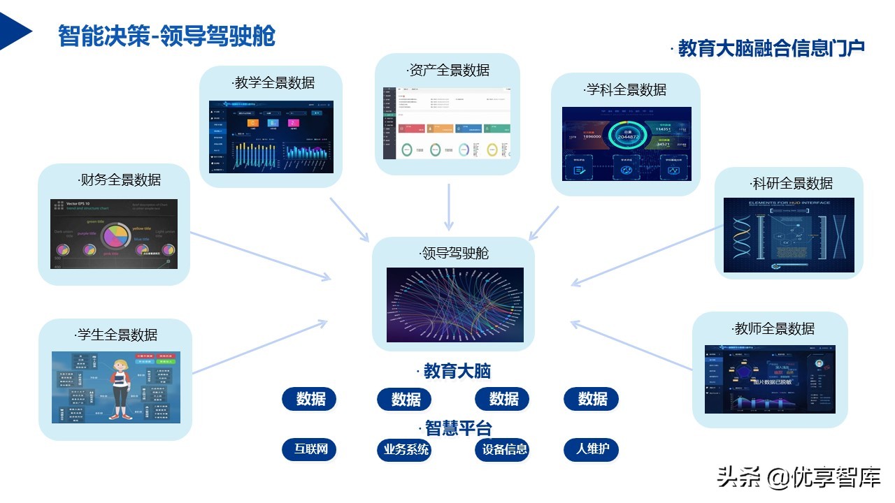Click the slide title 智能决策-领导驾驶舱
coord(166,36)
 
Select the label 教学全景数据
coord(273,83)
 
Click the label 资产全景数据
coord(448,70)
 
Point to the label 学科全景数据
coord(625,89)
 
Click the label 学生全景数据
coord(116,335)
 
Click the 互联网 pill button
coord(310,449)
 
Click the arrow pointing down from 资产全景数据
coord(449,207)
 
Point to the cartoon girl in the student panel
coord(120,388)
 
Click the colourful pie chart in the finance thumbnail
coord(116,235)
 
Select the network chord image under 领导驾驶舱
coord(454,305)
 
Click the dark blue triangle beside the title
coord(15,31)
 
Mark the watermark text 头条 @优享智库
coord(798,477)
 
